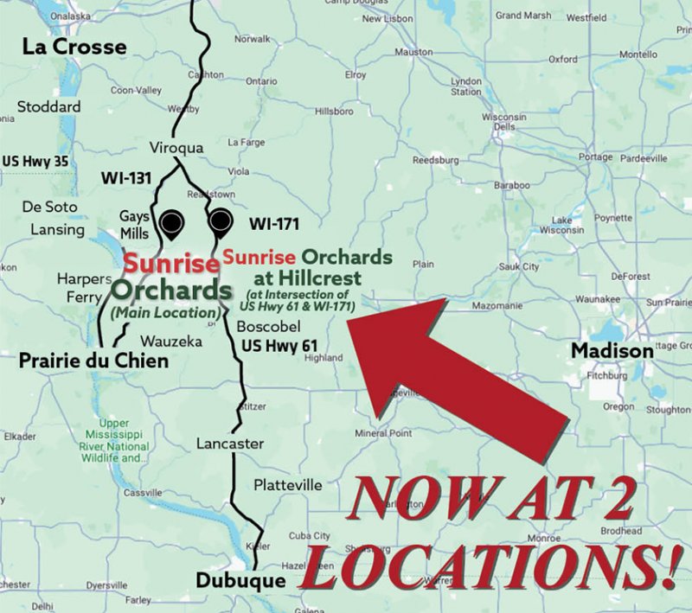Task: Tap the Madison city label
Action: (x=612, y=351)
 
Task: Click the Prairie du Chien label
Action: (x=93, y=360)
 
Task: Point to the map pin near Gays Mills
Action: (x=172, y=223)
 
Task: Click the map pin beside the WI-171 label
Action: (x=221, y=221)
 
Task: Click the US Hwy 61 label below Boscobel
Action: (x=279, y=346)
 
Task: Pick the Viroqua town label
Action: (x=176, y=148)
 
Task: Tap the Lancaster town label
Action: (x=230, y=444)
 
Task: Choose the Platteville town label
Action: (x=288, y=485)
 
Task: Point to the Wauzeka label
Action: (x=171, y=341)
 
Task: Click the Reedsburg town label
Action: (x=441, y=160)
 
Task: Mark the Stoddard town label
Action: (x=49, y=106)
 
